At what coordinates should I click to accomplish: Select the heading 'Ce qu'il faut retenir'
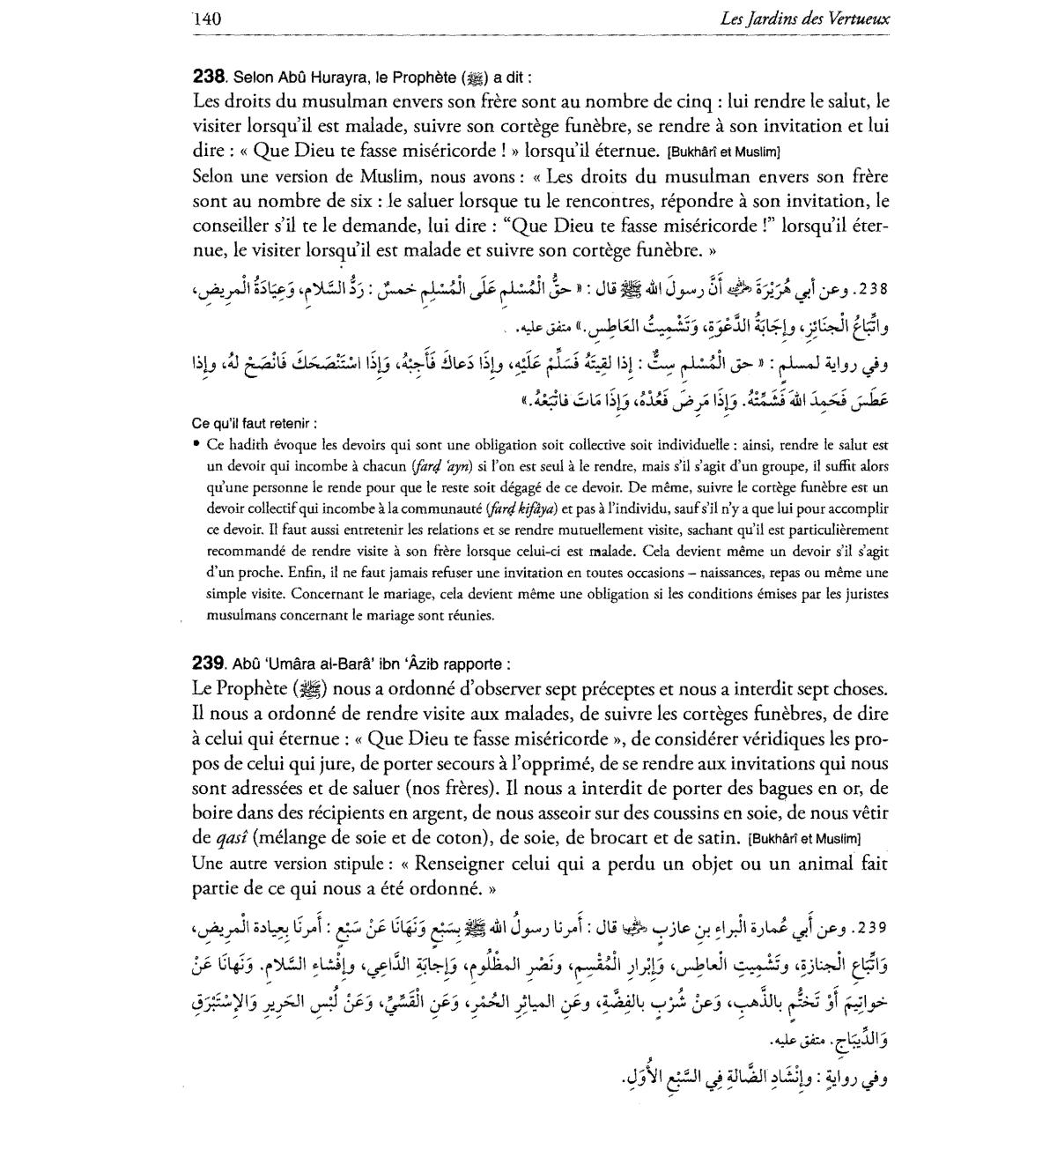(255, 423)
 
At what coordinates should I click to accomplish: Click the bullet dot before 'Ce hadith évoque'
(196, 445)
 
